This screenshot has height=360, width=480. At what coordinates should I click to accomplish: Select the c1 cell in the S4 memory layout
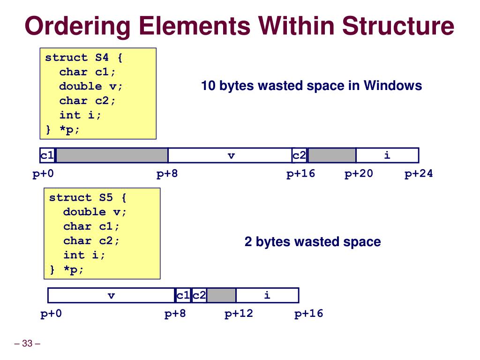[x=47, y=156]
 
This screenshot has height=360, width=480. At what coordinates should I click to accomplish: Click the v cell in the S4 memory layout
[x=231, y=156]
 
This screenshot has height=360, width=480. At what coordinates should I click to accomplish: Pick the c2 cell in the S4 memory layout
[x=300, y=156]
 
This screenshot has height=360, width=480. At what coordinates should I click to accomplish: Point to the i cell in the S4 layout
[x=387, y=156]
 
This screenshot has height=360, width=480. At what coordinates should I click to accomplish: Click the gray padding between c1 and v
[x=112, y=156]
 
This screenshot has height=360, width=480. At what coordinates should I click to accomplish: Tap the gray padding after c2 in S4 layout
[x=332, y=156]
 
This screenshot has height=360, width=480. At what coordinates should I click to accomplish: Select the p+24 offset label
[x=419, y=174]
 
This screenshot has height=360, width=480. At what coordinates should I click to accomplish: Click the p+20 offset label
[x=359, y=174]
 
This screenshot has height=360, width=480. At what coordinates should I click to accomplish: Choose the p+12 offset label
[x=239, y=314]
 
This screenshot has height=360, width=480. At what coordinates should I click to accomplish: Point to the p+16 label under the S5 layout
[x=309, y=314]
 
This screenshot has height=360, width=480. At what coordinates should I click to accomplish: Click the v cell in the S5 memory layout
[x=112, y=295]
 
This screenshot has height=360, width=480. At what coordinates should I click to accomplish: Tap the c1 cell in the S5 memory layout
[x=183, y=295]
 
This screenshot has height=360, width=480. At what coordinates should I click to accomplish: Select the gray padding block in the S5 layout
[x=221, y=295]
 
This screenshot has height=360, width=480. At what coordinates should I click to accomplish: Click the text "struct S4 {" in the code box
[x=84, y=58]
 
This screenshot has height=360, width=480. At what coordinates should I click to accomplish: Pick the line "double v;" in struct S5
[x=95, y=212]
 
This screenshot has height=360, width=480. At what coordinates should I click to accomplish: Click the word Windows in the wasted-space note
[x=393, y=86]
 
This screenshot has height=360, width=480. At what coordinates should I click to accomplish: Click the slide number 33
[x=27, y=345]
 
